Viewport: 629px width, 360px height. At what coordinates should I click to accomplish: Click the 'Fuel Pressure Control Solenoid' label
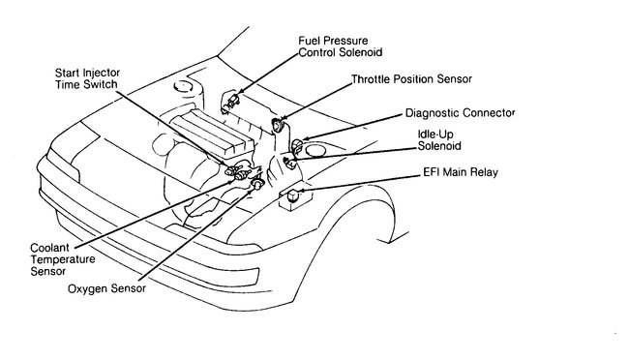(345, 46)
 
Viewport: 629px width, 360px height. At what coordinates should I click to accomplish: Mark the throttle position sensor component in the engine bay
(277, 124)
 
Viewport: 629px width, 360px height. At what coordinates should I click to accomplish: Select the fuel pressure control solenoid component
(232, 99)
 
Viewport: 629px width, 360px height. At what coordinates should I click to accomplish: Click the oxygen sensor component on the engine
(257, 183)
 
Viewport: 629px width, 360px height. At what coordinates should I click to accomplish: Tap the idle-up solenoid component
(287, 160)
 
